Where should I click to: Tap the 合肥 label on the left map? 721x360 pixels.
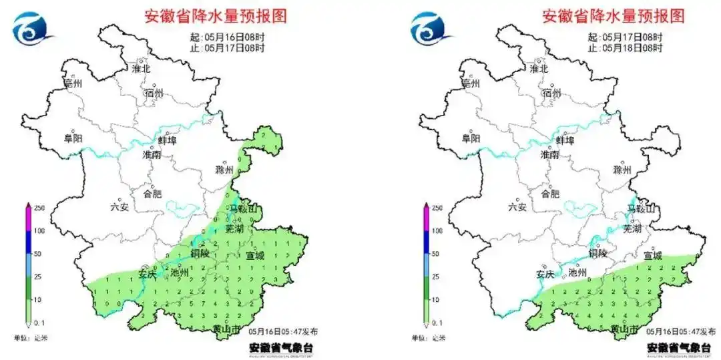pyautogui.click(x=152, y=194)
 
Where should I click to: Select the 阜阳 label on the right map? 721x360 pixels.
pyautogui.click(x=471, y=138)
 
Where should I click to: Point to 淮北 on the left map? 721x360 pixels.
pyautogui.click(x=141, y=68)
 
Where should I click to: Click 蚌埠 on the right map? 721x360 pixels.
pyautogui.click(x=564, y=140)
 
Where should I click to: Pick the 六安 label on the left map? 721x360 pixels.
pyautogui.click(x=119, y=208)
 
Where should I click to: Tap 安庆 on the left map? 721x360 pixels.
pyautogui.click(x=147, y=274)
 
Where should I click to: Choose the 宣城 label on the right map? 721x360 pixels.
pyautogui.click(x=653, y=255)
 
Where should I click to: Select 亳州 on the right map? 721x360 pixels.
pyautogui.click(x=470, y=84)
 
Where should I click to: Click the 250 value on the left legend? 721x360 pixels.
pyautogui.click(x=39, y=208)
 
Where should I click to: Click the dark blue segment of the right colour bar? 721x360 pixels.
pyautogui.click(x=425, y=242)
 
